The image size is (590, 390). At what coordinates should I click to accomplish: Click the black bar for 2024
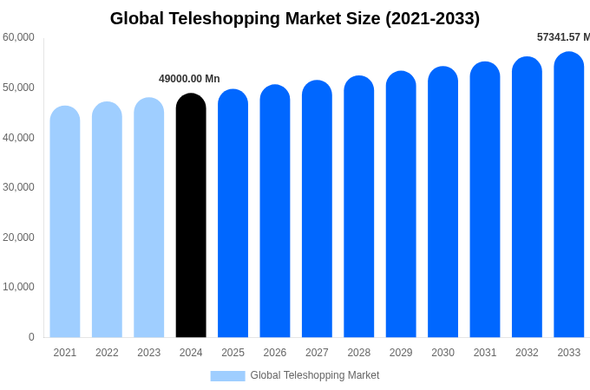pyautogui.click(x=191, y=217)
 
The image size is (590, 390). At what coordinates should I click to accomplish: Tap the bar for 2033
pyautogui.click(x=569, y=195)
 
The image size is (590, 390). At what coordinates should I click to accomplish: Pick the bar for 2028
pyautogui.click(x=359, y=208)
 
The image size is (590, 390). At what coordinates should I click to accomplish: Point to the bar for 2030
pyautogui.click(x=442, y=203)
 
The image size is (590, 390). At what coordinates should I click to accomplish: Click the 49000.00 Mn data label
pyautogui.click(x=189, y=79)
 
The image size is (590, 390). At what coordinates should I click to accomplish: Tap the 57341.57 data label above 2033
pyautogui.click(x=563, y=37)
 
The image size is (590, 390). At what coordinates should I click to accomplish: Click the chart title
pyautogui.click(x=295, y=18)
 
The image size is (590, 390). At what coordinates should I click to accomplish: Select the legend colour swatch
pyautogui.click(x=227, y=376)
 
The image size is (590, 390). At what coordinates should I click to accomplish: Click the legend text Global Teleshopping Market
pyautogui.click(x=315, y=375)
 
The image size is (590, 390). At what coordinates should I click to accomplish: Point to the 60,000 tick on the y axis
pyautogui.click(x=18, y=37)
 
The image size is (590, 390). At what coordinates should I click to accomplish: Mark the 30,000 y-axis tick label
pyautogui.click(x=18, y=187)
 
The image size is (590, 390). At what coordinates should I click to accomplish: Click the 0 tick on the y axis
pyautogui.click(x=31, y=337)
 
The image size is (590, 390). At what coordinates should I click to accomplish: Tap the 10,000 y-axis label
pyautogui.click(x=18, y=287)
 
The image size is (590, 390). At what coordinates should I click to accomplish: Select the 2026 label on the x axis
pyautogui.click(x=275, y=353)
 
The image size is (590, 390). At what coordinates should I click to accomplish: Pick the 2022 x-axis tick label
pyautogui.click(x=107, y=353)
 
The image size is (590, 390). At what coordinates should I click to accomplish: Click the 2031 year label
pyautogui.click(x=485, y=353)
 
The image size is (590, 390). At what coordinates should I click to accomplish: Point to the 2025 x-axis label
pyautogui.click(x=233, y=353)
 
